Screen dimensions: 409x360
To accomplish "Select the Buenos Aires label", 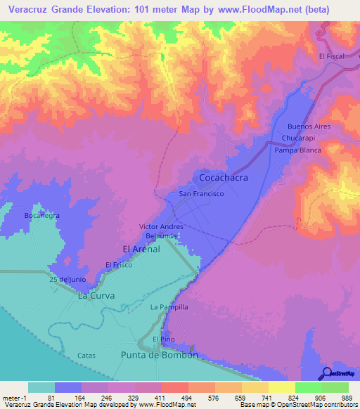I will coord(309,126).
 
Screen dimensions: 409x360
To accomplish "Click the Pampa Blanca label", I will coord(297,150).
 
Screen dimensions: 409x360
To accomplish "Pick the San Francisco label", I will coord(201,193).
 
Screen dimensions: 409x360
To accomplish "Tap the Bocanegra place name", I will coord(41,215).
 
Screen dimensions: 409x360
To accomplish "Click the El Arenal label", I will coord(141,249).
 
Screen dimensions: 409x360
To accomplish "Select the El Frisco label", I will coord(119,264).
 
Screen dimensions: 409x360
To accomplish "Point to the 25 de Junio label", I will coord(67,280).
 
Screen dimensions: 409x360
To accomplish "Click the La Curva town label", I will coord(96,296).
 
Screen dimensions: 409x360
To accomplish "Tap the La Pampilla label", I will coord(169,307).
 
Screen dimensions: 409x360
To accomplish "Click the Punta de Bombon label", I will coord(160,355).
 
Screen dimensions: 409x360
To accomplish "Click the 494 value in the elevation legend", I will coord(167,398).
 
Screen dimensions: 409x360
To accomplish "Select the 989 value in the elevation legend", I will coord(347,398).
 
